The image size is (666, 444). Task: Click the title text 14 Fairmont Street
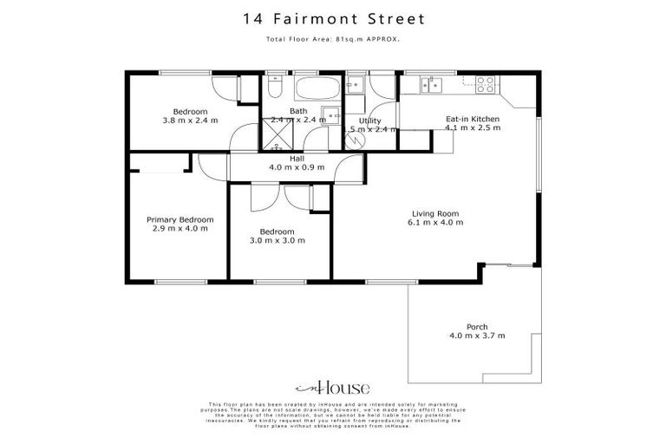tap(332, 17)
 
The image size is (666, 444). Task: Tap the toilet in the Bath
tap(274, 89)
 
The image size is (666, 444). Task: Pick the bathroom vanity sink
tap(330, 113)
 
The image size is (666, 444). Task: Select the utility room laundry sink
tap(354, 84)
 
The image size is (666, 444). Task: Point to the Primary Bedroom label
tap(180, 220)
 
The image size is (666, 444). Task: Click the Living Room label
tap(435, 213)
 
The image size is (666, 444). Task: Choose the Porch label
tap(477, 327)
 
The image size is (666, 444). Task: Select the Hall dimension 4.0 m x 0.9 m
tap(297, 167)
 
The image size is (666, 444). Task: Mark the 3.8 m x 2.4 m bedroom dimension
tap(190, 121)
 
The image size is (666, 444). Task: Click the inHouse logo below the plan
tap(332, 388)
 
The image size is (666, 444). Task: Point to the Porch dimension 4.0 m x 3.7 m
tap(477, 336)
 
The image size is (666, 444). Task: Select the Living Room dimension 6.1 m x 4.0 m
tap(435, 223)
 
